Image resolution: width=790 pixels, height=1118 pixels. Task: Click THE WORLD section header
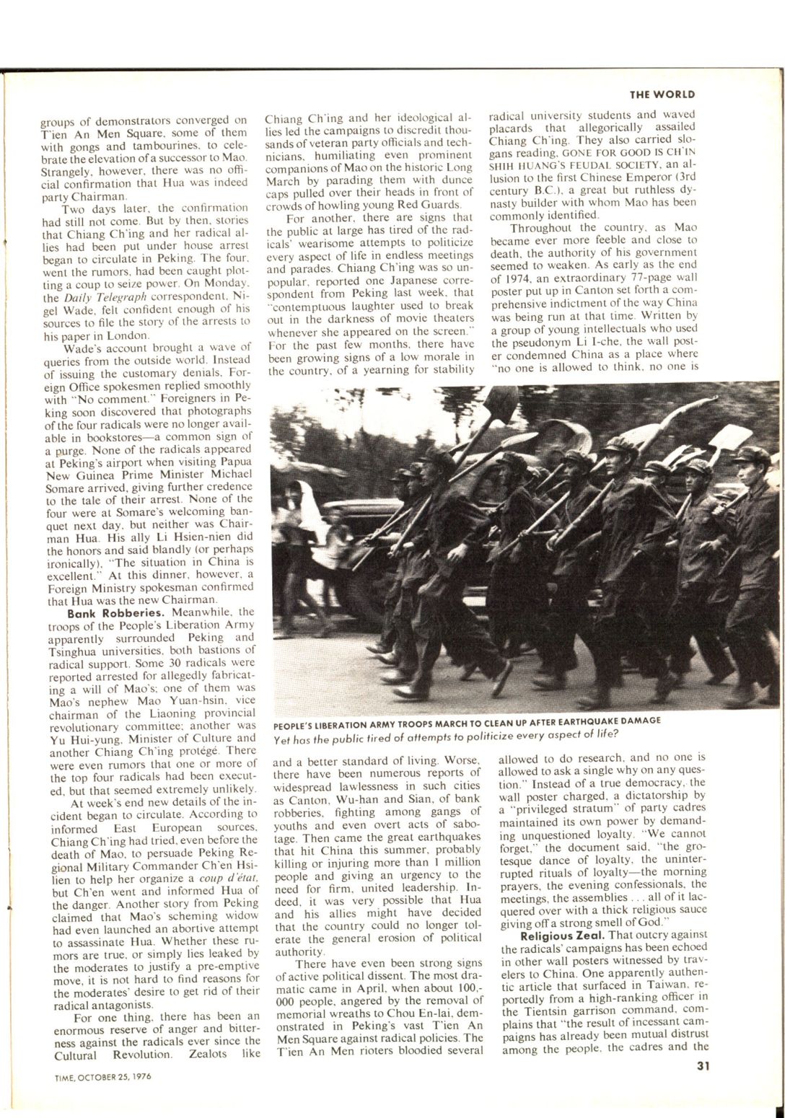pyautogui.click(x=662, y=94)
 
